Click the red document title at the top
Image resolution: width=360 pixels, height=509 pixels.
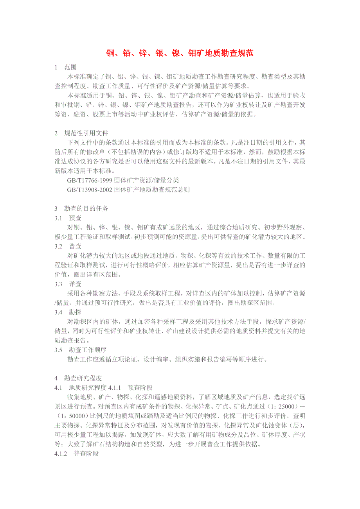180,53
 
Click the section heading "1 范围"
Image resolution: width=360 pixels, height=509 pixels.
65,67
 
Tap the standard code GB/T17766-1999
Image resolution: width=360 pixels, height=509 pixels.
90,180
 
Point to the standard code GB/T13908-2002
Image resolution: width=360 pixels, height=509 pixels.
90,190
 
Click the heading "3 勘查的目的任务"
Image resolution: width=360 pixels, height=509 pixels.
81,208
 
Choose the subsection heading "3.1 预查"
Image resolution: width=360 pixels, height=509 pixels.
68,218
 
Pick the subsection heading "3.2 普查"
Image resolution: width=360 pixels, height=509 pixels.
68,246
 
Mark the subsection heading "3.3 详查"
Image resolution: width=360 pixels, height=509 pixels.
68,284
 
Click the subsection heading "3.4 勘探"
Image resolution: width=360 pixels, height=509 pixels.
68,312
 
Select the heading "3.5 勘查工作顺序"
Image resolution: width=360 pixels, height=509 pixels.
81,349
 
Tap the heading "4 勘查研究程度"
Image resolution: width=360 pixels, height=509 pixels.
78,378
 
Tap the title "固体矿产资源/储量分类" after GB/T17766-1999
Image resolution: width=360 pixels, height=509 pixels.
147,180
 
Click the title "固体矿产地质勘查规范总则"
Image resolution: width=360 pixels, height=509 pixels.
152,190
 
